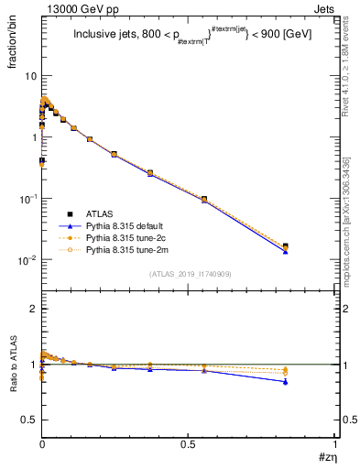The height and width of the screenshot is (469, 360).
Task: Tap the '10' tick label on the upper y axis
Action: click(x=30, y=75)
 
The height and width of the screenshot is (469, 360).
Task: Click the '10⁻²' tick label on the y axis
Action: click(x=27, y=260)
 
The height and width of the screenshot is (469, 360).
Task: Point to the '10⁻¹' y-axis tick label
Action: click(x=27, y=199)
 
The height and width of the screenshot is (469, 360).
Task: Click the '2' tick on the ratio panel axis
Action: click(x=33, y=309)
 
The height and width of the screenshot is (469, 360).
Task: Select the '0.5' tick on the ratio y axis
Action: click(x=29, y=420)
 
